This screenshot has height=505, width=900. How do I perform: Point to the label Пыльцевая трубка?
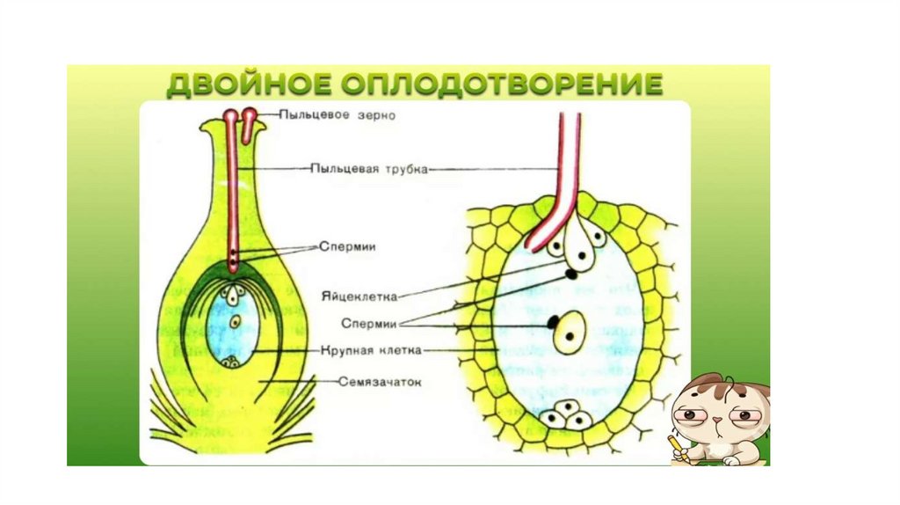pos(368,169)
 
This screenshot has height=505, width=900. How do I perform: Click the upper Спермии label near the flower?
pos(346,248)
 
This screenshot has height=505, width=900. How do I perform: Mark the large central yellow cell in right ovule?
pos(570,331)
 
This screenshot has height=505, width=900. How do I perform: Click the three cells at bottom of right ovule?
pos(565,415)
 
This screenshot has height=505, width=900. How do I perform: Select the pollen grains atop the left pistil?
pos(239,117)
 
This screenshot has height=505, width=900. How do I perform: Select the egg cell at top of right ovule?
pos(579,258)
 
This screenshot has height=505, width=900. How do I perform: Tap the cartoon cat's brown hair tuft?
pos(729,384)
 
